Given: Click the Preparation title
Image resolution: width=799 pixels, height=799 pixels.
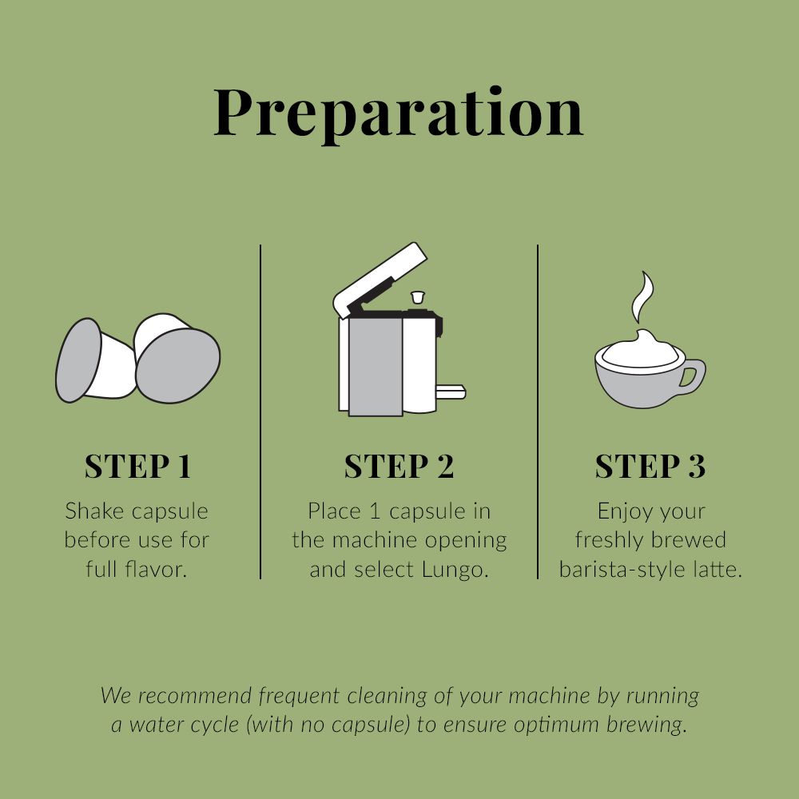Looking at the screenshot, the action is click(x=399, y=113).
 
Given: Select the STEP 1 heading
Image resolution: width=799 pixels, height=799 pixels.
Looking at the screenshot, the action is click(x=137, y=467).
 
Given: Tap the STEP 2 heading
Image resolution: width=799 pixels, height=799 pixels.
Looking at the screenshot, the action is click(x=399, y=467).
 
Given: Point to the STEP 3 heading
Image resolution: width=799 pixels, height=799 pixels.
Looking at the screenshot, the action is click(x=650, y=467).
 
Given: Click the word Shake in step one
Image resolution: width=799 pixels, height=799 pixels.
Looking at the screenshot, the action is click(x=90, y=511).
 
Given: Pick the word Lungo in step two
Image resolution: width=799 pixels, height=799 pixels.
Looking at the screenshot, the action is click(x=455, y=570).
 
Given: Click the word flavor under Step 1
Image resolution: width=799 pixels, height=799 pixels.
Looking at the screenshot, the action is click(x=153, y=569).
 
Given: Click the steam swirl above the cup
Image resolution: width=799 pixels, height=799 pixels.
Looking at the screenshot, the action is click(x=642, y=297).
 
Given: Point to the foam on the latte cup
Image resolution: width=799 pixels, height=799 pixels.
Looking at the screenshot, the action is click(x=640, y=350).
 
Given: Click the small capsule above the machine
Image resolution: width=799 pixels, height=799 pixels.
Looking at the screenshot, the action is click(x=417, y=297).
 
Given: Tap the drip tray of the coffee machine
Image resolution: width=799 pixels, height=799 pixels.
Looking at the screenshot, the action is click(x=451, y=392).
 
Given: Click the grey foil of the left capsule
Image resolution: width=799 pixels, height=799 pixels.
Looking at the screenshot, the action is click(x=78, y=360).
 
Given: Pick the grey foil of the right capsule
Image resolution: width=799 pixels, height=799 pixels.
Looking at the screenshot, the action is click(x=178, y=365).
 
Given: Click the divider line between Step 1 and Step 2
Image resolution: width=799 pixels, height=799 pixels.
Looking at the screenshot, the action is click(x=260, y=411).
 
